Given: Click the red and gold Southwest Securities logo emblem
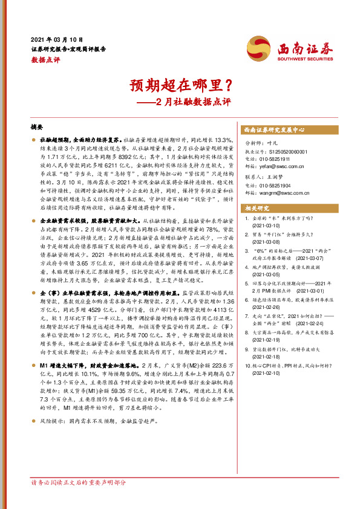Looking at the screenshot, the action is pos(258,47).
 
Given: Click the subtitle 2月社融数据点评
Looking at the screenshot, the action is pos(190,102).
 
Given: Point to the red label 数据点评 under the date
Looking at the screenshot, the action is pos(46,60).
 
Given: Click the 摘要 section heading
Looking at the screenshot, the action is pos(37,128).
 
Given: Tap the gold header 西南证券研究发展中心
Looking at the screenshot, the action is pos(273,130).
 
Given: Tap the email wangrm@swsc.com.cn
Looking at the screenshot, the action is pos(286,192).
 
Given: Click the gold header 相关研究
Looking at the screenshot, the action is pos(257,207).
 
